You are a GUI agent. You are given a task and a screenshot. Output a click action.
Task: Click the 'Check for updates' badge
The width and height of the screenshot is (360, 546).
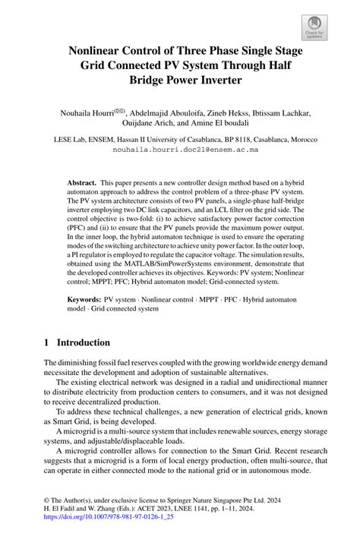[314, 28]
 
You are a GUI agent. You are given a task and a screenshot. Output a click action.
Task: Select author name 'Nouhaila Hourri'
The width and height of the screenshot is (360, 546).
[87, 114]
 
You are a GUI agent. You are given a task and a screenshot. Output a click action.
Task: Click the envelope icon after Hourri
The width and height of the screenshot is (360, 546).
[121, 112]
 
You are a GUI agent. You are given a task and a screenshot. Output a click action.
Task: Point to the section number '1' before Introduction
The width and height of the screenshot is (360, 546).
[47, 342]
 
